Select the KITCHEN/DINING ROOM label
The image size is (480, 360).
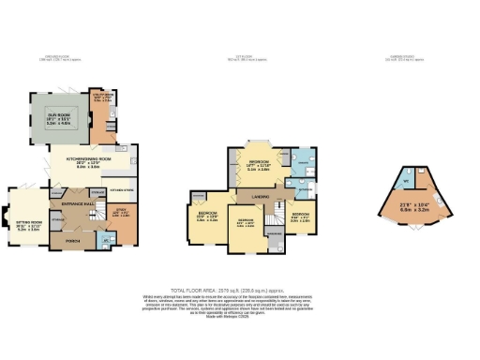tap(88, 161)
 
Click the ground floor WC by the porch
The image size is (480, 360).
tap(106, 239)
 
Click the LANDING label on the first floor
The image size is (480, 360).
tap(262, 197)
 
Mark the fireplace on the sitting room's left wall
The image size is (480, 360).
tap(7, 219)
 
